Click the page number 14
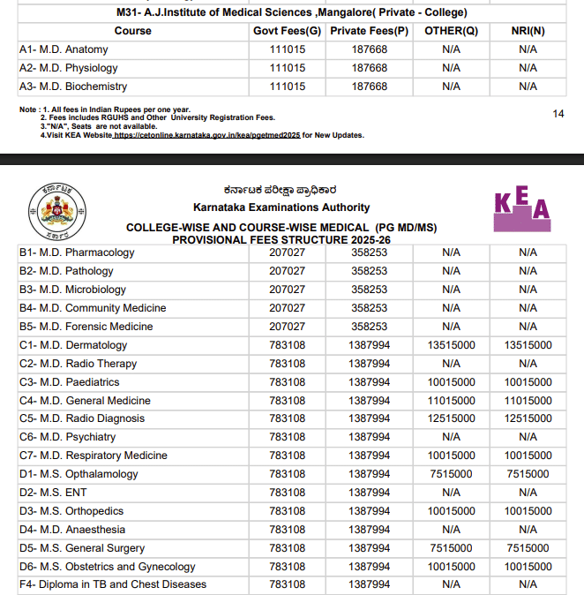[x=558, y=114]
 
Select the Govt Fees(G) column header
[x=288, y=31]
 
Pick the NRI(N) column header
[x=528, y=31]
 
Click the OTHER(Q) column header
[x=451, y=31]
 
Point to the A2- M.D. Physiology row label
[x=68, y=68]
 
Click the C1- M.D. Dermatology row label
[x=73, y=345]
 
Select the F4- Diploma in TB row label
[x=113, y=584]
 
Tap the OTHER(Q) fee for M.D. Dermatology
[x=451, y=345]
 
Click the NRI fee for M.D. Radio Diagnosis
[x=528, y=418]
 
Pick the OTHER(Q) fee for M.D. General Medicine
[x=451, y=401]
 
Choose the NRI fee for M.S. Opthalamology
[x=528, y=474]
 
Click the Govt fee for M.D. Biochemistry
[x=288, y=87]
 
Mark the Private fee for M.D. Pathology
[x=369, y=271]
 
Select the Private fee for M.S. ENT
[x=369, y=493]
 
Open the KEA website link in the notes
[x=206, y=135]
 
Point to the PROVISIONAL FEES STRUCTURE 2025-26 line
[x=281, y=239]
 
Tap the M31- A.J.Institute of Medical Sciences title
[x=292, y=12]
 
